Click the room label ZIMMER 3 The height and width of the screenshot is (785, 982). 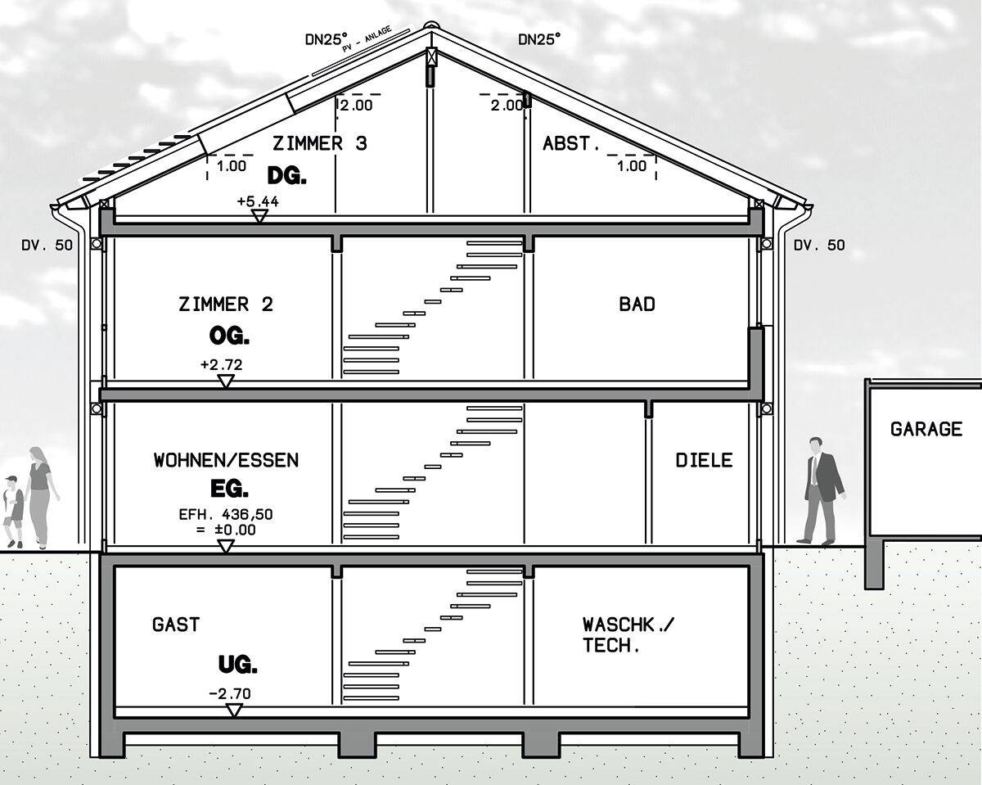[319, 144]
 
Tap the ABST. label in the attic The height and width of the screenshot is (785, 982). [566, 144]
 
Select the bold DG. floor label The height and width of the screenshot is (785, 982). [286, 175]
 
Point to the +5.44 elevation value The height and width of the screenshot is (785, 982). [257, 201]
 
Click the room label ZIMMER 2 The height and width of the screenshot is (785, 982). [226, 305]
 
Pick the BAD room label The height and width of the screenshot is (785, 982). [637, 305]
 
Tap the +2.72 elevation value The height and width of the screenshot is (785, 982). [221, 365]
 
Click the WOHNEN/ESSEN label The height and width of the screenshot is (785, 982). [226, 460]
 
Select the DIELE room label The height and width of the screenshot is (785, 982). [703, 460]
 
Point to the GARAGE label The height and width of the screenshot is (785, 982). [926, 429]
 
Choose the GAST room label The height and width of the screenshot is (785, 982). [175, 625]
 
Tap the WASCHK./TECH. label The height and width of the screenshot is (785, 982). [619, 634]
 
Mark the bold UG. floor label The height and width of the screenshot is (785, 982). [237, 665]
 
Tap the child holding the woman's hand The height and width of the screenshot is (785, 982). [13, 512]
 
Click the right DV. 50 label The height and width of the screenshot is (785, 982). [819, 245]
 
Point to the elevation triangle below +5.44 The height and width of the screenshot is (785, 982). [259, 216]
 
